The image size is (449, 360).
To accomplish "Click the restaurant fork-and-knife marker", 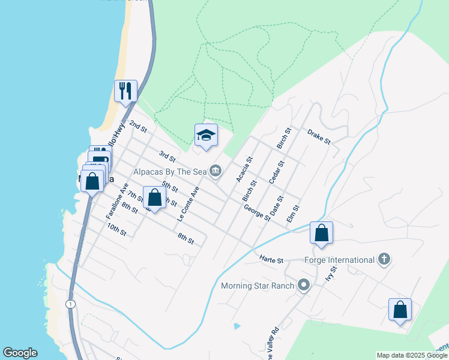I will [125, 91].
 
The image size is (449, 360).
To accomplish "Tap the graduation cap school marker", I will [205, 135].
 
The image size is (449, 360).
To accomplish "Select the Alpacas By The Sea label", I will [170, 172].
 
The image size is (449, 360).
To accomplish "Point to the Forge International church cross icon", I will [384, 260].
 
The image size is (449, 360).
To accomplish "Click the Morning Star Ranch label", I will [258, 286].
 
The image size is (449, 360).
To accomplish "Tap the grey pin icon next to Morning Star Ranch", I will [304, 286].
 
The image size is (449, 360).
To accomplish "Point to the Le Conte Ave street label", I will [188, 203].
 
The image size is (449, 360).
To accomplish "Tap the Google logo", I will [20, 353].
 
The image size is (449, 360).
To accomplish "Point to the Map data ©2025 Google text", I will [412, 355].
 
